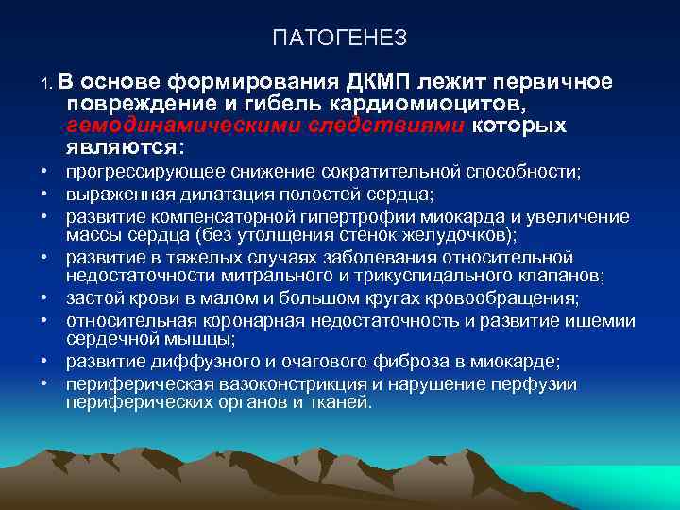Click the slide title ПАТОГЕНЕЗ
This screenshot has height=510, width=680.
(339, 38)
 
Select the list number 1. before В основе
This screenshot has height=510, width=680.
(50, 85)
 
